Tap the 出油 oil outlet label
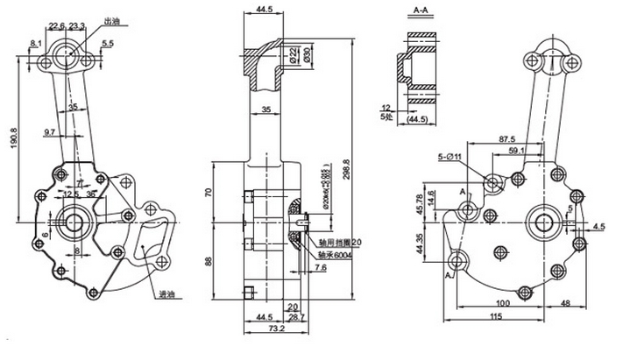click(x=111, y=20)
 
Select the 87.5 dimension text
click(x=506, y=138)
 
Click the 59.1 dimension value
click(x=518, y=152)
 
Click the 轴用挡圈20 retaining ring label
click(x=338, y=242)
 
